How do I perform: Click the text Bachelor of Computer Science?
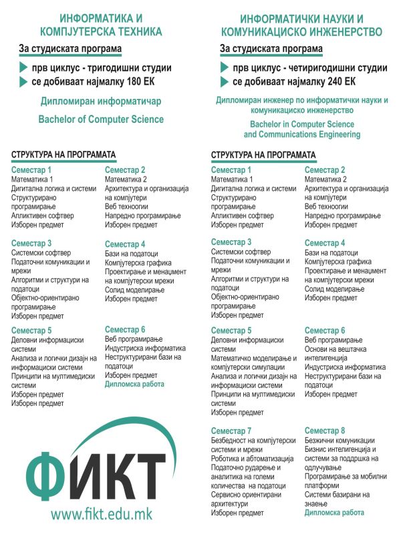point(101,119)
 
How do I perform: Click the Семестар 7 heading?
point(231,430)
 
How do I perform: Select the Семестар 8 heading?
point(325,430)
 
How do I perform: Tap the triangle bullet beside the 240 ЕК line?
point(225,82)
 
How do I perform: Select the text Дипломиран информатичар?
point(101,101)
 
